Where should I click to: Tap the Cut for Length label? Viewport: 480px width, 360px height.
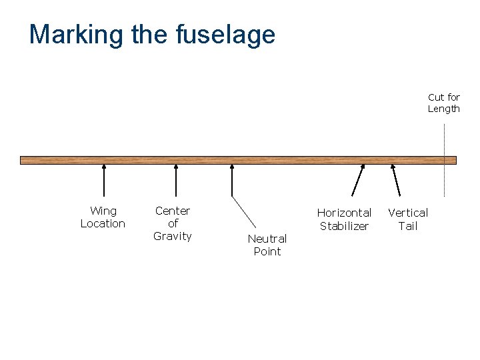coord(443,103)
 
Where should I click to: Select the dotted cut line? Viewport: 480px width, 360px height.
coord(445,180)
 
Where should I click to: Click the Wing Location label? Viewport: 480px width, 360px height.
coord(103,217)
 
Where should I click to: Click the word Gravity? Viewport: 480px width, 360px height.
coord(172,236)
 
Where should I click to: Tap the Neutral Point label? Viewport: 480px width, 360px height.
coord(267,245)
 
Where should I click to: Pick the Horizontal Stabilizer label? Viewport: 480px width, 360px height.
coord(344,219)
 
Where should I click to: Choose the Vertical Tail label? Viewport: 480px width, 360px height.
coord(408,219)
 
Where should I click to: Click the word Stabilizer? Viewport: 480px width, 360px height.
coord(344,226)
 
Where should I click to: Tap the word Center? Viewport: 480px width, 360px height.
coord(172,211)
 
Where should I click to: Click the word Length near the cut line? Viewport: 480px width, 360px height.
coord(443,109)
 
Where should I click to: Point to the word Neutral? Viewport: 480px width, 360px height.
coord(267,239)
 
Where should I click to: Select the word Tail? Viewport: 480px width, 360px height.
coord(408,226)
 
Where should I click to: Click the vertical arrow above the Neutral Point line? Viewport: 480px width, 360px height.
coord(232,180)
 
